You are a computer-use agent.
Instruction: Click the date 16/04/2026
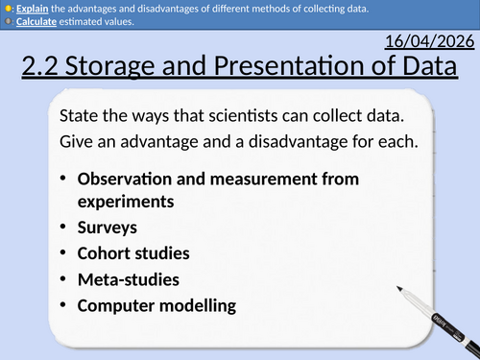click(x=427, y=43)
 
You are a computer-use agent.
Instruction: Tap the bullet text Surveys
click(x=108, y=228)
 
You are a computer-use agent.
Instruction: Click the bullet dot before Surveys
click(x=63, y=228)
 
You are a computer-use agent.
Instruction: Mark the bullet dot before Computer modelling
click(x=63, y=306)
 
